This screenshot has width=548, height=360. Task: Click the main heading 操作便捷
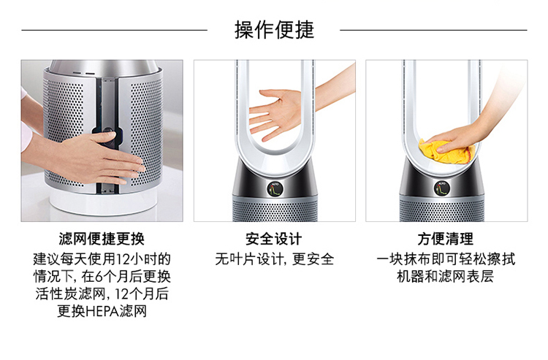tap(274, 30)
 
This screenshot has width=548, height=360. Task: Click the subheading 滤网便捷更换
tap(102, 240)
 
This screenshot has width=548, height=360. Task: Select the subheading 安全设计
tap(274, 240)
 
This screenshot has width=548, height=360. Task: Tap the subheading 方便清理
tap(446, 240)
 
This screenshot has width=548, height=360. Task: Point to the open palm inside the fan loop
tap(276, 112)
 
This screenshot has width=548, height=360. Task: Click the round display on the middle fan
tap(275, 189)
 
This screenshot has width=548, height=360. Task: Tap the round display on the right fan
tap(442, 188)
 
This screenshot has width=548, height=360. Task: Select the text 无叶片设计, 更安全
tap(275, 259)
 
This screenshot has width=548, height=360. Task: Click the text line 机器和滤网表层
tap(446, 277)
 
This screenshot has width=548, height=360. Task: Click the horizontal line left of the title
tap(114, 31)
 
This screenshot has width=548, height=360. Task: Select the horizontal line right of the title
tap(433, 31)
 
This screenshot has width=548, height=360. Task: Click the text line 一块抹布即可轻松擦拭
tap(446, 259)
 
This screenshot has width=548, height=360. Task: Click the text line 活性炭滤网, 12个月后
tap(102, 294)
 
